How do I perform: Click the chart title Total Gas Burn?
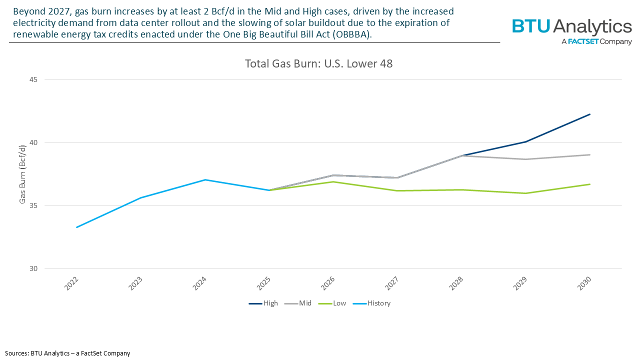tap(318, 64)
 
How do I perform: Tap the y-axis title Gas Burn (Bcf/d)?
tap(22, 174)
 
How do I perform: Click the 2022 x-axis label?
tap(72, 282)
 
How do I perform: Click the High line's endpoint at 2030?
tap(590, 114)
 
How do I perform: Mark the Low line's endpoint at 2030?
tap(590, 184)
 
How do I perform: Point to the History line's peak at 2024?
tap(205, 179)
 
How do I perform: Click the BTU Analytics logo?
tap(571, 31)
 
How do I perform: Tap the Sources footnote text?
tap(67, 353)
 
